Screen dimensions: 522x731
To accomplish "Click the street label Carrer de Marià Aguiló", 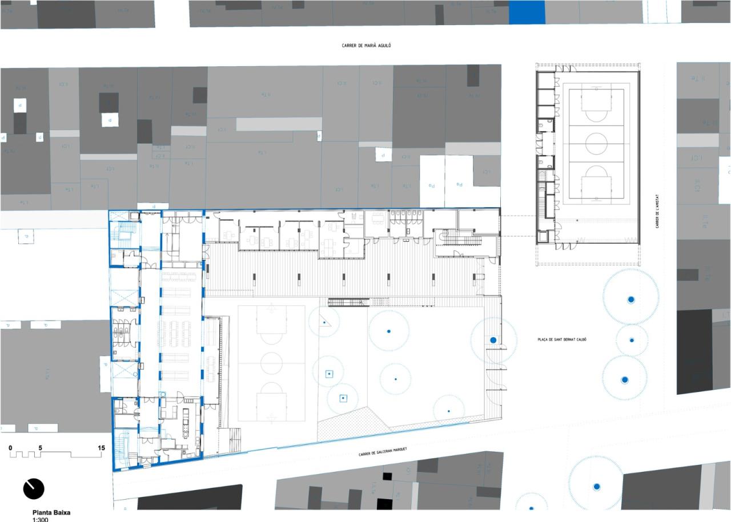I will [365, 45].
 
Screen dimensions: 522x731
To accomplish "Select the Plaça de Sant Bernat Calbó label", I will [562, 340].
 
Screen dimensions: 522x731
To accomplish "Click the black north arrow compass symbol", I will [34, 488].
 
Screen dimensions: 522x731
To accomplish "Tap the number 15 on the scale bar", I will [101, 448].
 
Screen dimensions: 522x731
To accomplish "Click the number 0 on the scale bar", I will [10, 448].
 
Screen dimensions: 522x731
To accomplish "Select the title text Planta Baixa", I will [51, 513].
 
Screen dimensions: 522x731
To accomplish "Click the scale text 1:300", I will [41, 520].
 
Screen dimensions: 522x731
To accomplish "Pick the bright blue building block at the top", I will [527, 12].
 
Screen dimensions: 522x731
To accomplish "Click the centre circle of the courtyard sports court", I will [271, 363].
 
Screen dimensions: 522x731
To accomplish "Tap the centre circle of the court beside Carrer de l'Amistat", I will [596, 141].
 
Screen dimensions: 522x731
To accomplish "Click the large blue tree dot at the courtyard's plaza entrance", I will [493, 340].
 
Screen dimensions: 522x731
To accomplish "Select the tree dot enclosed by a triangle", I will [324, 323].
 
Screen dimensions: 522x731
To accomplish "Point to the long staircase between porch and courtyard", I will [348, 302].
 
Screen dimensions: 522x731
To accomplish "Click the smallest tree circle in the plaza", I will [632, 340].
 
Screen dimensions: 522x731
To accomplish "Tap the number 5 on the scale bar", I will [41, 448].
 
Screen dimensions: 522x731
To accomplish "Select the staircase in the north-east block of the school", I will [457, 240].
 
